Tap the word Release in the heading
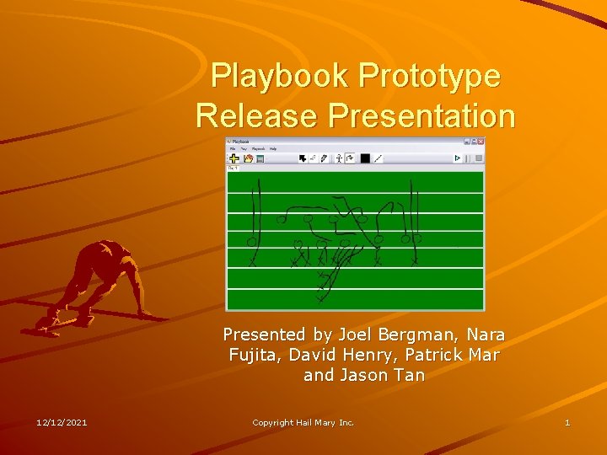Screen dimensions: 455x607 click(x=252, y=115)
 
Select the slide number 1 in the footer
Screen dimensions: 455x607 click(x=567, y=422)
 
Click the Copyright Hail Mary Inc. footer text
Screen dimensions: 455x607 click(x=303, y=422)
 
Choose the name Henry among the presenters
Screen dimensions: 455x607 click(x=388, y=355)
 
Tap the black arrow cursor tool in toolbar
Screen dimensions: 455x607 click(x=302, y=158)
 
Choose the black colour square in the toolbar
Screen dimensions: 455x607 click(x=365, y=158)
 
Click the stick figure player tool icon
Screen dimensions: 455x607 click(x=339, y=158)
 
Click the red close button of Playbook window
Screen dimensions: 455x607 click(x=481, y=142)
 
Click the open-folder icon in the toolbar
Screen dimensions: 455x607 click(x=248, y=158)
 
